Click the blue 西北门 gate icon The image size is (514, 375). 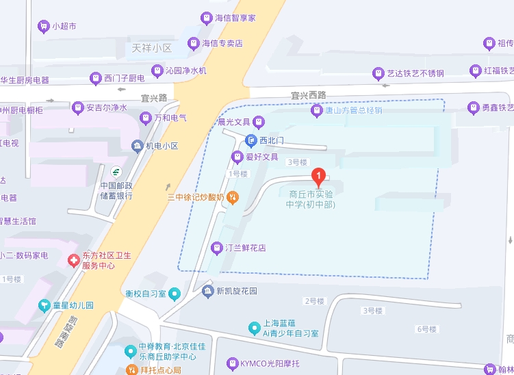(251, 140)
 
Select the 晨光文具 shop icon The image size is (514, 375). (259, 122)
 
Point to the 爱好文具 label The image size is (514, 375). (261, 157)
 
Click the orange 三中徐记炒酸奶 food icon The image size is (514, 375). (233, 198)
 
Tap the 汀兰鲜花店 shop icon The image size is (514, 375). (217, 248)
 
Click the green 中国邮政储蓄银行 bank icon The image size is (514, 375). (116, 170)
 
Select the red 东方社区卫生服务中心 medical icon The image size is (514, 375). (73, 261)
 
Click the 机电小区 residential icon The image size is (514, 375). (137, 146)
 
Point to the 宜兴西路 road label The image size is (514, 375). (308, 95)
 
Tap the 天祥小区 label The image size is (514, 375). (152, 49)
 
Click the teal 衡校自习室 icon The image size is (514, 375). (175, 294)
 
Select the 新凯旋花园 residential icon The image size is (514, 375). (208, 292)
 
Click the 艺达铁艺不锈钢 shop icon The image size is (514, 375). (378, 73)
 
